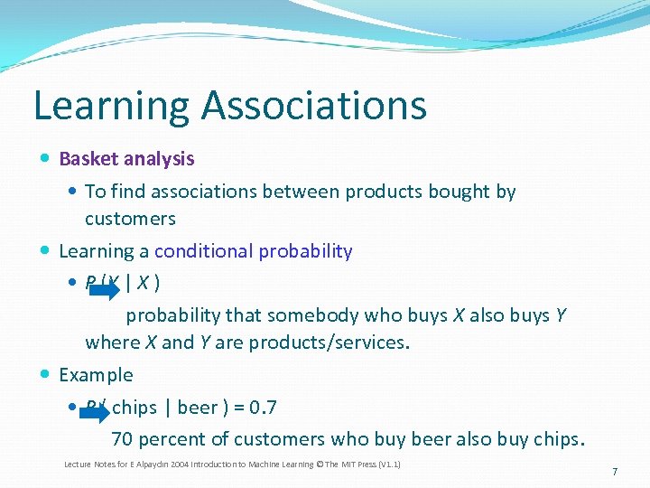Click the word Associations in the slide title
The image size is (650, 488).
314,105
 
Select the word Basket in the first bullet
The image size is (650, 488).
88,159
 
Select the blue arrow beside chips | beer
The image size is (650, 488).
93,414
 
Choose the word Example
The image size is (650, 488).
96,375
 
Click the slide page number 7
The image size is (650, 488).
614,472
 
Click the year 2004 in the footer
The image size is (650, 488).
161,465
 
